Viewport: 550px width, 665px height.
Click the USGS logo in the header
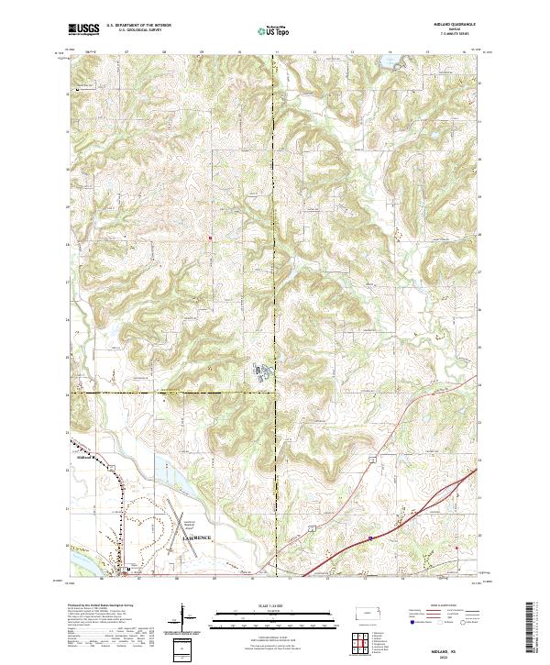83,30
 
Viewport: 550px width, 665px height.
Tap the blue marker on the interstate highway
369,538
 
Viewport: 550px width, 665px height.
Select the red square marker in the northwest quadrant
210,240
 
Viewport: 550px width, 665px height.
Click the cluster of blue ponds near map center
261,371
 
